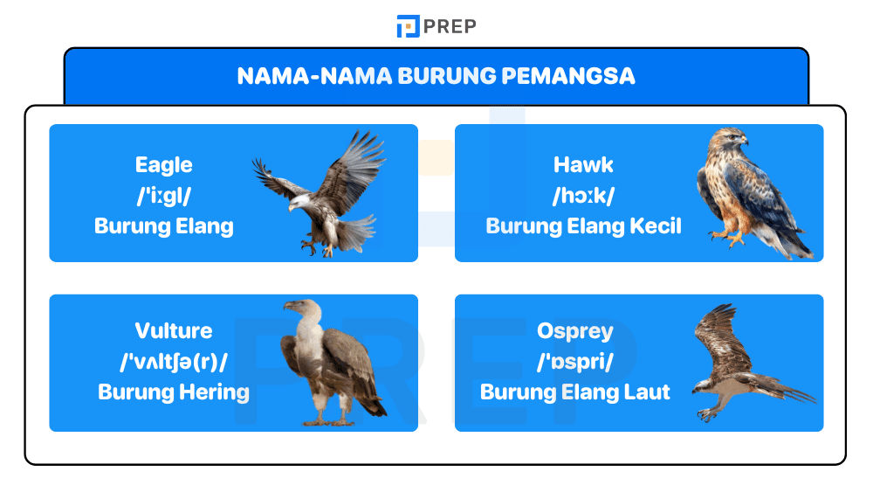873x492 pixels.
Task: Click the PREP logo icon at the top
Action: coord(408,26)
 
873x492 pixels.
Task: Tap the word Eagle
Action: coord(163,165)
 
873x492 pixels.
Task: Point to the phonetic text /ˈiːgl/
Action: coord(163,196)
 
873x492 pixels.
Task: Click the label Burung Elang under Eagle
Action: coord(163,226)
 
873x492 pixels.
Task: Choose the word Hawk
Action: coord(583,165)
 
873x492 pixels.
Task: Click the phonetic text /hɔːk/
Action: coord(583,196)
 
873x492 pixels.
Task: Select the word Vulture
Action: coord(173,331)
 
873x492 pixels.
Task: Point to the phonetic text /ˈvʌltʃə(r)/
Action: coord(173,361)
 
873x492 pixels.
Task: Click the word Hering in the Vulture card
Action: coord(214,392)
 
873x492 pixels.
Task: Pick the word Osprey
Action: coord(574,331)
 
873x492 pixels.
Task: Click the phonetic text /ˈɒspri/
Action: coord(574,361)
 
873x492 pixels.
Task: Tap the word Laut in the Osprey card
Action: coord(649,392)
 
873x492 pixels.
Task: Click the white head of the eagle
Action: coord(299,203)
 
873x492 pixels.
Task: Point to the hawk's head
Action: coord(730,140)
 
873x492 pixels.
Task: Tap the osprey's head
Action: coord(703,385)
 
